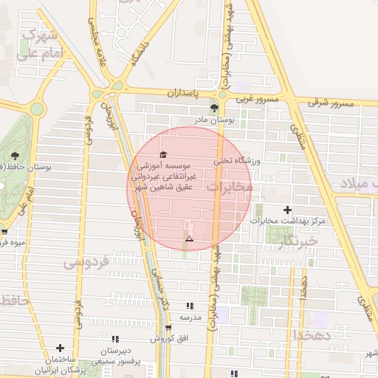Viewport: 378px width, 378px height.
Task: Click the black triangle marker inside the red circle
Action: tap(190, 238)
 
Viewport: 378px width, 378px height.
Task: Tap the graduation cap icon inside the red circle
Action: tap(162, 154)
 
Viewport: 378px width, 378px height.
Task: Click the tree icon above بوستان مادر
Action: tap(214, 108)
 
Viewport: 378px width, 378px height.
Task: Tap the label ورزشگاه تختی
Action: tap(238, 159)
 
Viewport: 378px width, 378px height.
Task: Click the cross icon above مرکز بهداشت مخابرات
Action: tap(287, 210)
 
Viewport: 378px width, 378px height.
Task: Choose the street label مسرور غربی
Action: tap(258, 99)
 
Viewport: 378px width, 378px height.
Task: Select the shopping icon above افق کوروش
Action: tap(168, 328)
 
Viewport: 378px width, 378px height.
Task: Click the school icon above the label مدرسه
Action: tap(190, 306)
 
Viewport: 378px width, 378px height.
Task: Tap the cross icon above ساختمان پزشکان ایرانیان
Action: tap(60, 347)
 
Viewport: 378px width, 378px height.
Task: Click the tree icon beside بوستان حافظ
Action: tap(14, 155)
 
